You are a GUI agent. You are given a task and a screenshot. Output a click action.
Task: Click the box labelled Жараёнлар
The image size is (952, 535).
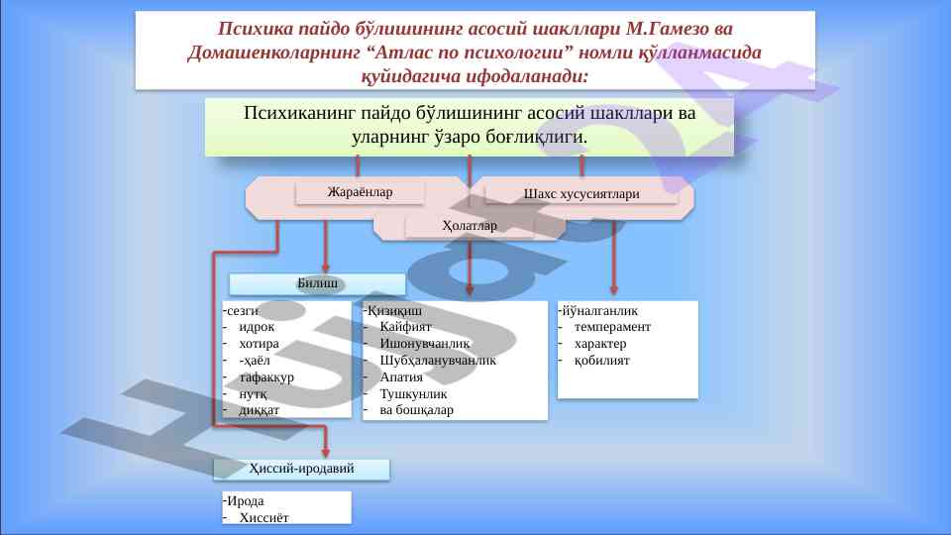[x=360, y=192]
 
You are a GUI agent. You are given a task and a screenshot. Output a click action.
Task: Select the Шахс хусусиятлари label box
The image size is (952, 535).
[x=581, y=193]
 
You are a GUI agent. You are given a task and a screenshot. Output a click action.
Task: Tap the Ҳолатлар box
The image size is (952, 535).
[x=470, y=227]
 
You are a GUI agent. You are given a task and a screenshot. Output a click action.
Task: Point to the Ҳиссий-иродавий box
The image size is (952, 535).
[x=302, y=469]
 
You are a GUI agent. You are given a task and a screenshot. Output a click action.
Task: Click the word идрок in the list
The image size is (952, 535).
[x=258, y=326]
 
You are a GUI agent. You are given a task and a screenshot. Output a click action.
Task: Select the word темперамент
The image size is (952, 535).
[x=612, y=326]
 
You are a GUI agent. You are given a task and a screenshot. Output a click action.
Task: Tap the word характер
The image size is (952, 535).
[x=600, y=343]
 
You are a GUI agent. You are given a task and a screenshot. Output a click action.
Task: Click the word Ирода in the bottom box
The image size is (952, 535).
[x=245, y=501]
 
